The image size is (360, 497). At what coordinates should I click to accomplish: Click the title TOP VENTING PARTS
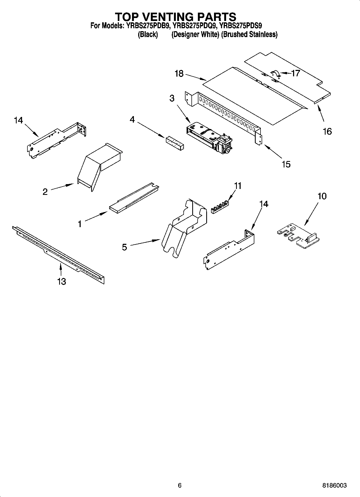pos(176,17)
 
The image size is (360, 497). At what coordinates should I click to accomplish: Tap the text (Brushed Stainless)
pos(249,34)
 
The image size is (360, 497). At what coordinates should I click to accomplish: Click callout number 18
pos(179,73)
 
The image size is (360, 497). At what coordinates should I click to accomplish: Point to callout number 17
pos(295,73)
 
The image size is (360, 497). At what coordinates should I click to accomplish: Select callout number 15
pos(286,164)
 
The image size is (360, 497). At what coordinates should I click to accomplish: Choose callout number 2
pos(45,191)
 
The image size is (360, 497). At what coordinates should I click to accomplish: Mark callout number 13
pos(62,281)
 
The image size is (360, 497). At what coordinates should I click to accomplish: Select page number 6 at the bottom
pos(180,485)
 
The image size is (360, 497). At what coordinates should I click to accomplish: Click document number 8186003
pos(334,485)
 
